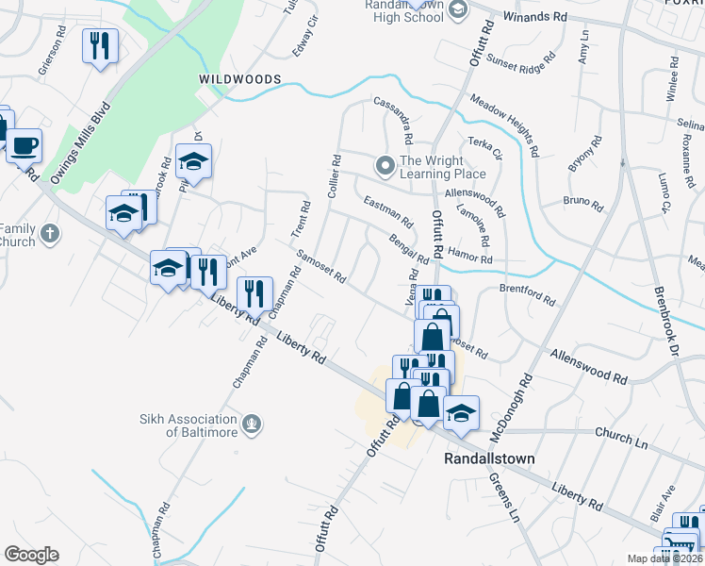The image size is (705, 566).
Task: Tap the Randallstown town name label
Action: click(x=489, y=458)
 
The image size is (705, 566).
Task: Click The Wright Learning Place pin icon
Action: click(x=384, y=166)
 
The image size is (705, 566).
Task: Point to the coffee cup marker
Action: click(x=25, y=146)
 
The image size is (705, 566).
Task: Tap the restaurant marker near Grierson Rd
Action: click(x=99, y=45)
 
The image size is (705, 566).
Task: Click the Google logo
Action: click(x=31, y=555)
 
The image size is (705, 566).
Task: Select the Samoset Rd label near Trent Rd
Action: click(x=321, y=267)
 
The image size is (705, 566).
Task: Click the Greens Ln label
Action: click(x=504, y=498)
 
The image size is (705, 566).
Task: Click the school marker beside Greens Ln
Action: click(x=461, y=412)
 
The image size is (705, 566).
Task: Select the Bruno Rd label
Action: click(x=582, y=202)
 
